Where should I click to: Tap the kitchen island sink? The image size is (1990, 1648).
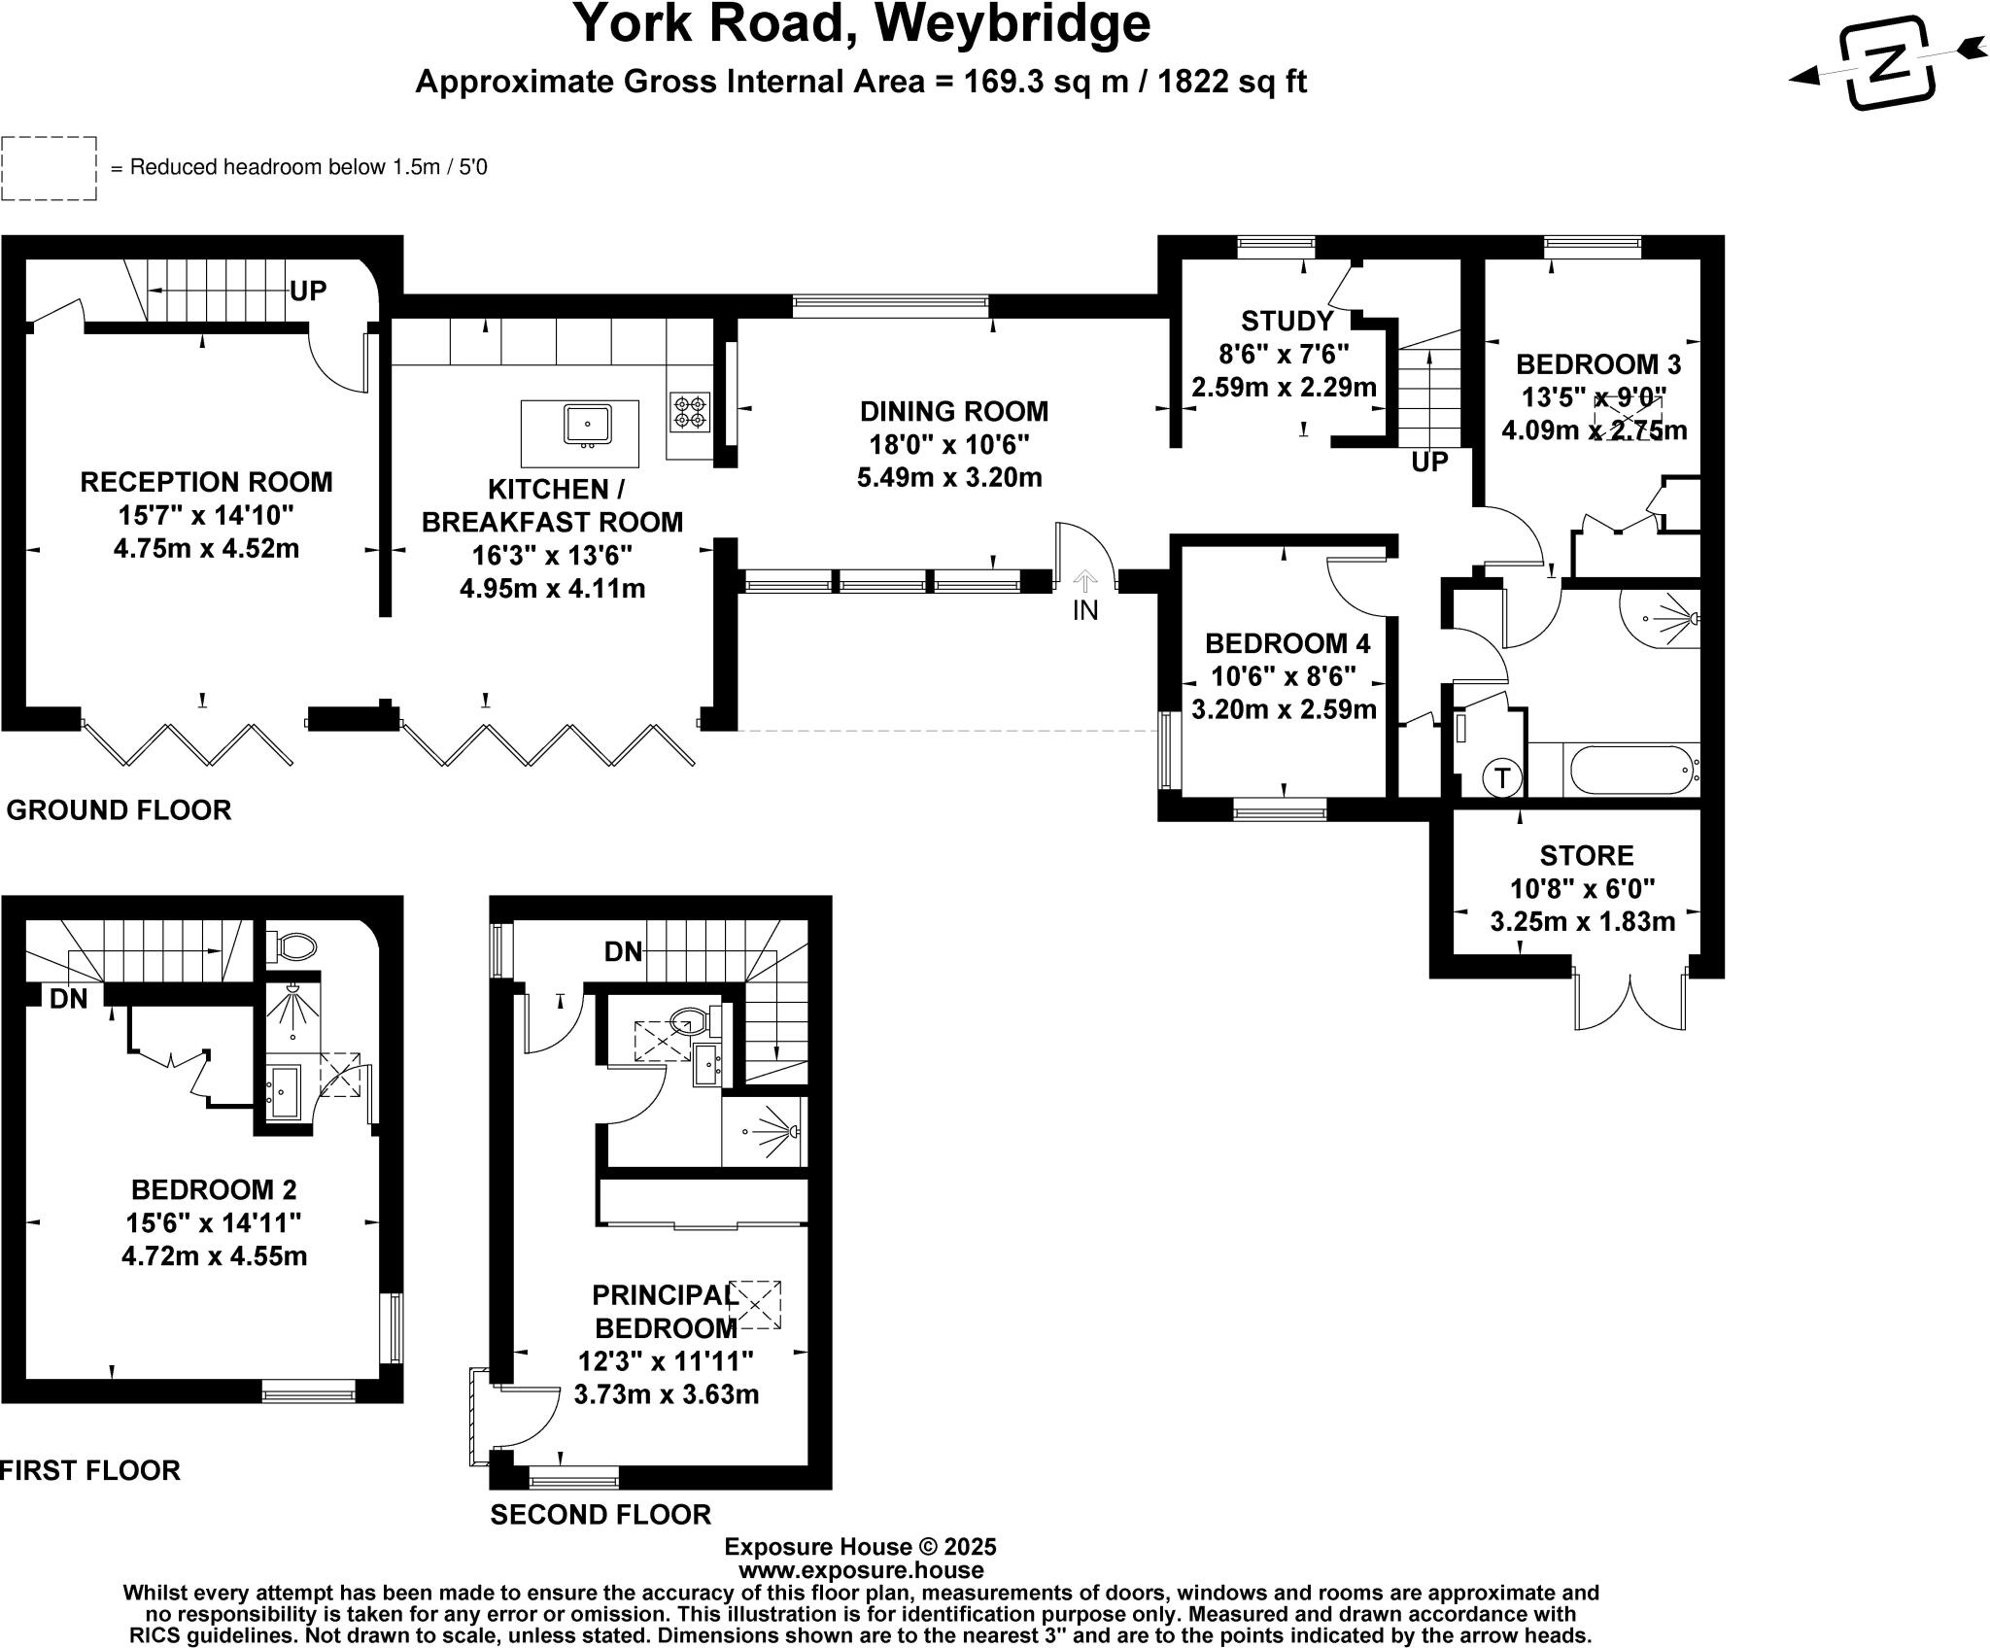pos(587,425)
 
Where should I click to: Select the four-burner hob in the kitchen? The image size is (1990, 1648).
pos(689,410)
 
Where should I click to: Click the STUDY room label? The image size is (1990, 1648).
pos(1287,321)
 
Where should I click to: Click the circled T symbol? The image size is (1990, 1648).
pos(1503,777)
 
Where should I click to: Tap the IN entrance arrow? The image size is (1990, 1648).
pos(1084,582)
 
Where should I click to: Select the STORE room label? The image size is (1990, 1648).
pos(1586,856)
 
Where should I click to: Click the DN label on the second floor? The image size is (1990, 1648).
pos(623,952)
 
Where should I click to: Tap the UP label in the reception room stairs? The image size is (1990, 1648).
pos(308,291)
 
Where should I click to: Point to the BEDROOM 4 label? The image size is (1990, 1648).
pos(1287,643)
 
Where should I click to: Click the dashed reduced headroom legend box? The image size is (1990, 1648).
pos(49,168)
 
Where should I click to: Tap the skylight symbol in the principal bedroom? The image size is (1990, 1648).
pos(755,1304)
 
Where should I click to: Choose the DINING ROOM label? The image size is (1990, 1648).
pos(953,412)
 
